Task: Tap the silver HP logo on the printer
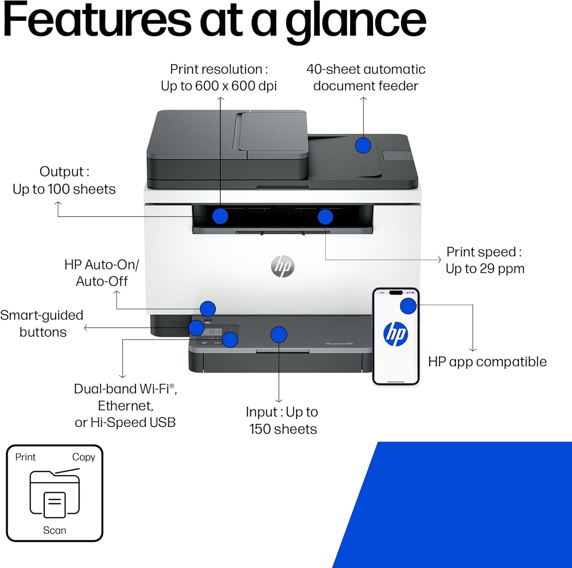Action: [283, 266]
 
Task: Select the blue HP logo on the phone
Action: [395, 334]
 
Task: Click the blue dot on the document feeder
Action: [363, 145]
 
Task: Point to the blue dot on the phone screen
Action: [408, 306]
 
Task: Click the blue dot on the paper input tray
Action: [279, 335]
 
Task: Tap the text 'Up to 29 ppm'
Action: [485, 269]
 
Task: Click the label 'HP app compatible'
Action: [487, 362]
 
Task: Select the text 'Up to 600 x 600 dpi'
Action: [219, 86]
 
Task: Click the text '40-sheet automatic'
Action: [366, 69]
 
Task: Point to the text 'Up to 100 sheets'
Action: [64, 189]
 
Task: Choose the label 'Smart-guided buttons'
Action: [42, 323]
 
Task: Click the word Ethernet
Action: [125, 406]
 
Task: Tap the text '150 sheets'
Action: [283, 429]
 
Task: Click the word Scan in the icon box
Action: [55, 530]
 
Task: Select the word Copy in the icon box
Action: [84, 457]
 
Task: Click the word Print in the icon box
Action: [25, 457]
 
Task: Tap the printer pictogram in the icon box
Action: [55, 494]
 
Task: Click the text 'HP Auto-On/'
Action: [101, 264]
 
